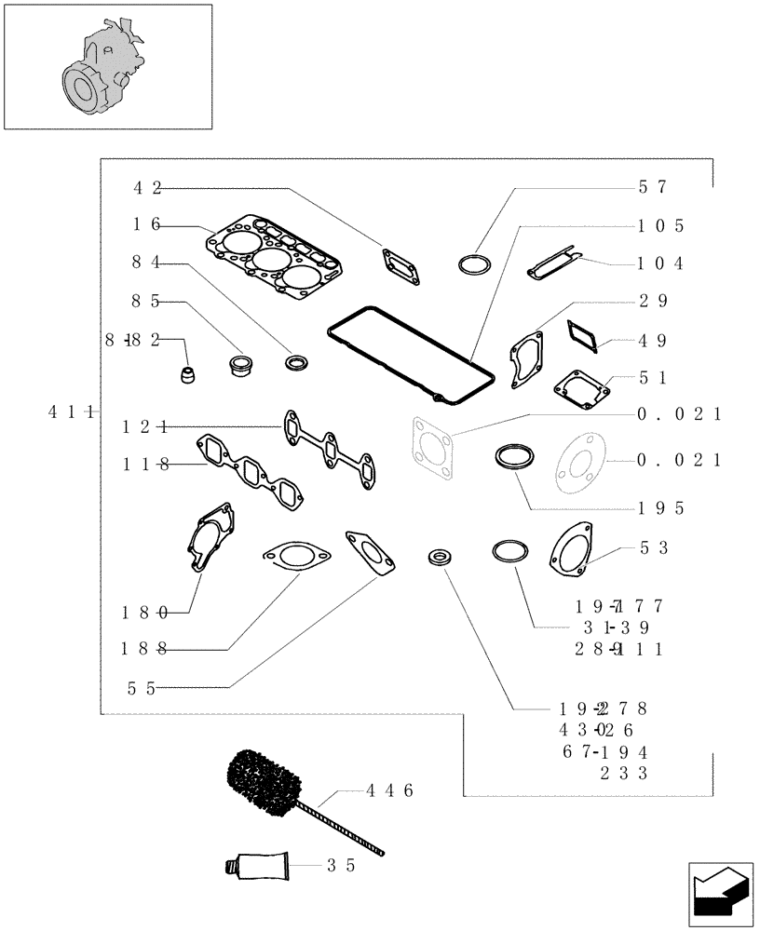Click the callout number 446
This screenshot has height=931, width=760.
pyautogui.click(x=388, y=790)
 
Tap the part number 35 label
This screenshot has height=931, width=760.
pyautogui.click(x=342, y=864)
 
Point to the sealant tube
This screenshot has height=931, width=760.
pyautogui.click(x=257, y=865)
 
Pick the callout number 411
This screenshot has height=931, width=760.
pyautogui.click(x=68, y=412)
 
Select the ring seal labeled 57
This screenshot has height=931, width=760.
pyautogui.click(x=475, y=263)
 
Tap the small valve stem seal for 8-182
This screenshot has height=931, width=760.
pyautogui.click(x=190, y=376)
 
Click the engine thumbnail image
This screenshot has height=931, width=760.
pyautogui.click(x=107, y=66)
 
